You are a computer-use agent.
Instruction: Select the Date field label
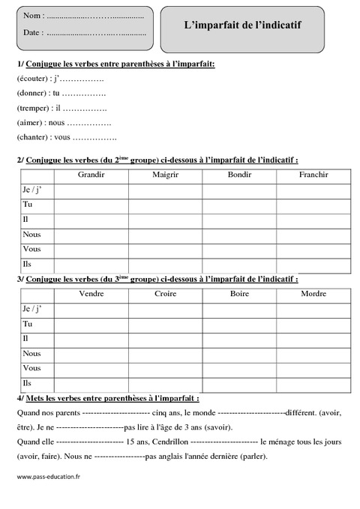coord(33,33)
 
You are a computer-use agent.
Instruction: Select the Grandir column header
coord(91,175)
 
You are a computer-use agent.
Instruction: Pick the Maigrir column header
coord(165,175)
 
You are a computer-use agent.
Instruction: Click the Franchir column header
coord(313,175)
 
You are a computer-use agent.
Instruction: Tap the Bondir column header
coord(238,175)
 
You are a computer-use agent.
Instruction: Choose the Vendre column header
coord(91,293)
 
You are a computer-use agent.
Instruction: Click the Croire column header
coord(165,293)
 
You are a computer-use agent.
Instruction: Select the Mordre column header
coord(313,293)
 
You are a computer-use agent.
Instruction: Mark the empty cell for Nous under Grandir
coord(91,235)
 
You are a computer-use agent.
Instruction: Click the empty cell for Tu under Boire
coord(238,324)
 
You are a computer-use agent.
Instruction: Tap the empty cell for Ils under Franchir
coord(313,265)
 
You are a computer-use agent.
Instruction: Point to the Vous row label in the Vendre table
coord(32,368)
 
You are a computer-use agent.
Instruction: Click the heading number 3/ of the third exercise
coord(19,278)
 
